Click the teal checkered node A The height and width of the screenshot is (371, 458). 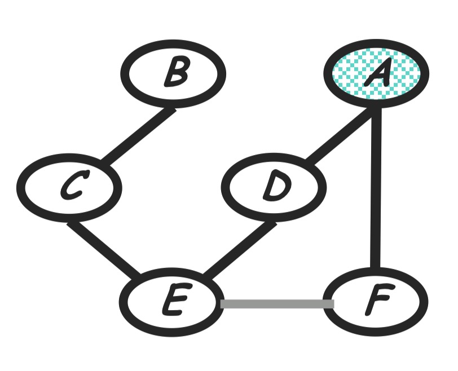tap(376, 73)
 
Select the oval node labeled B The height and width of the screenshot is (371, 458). tap(173, 73)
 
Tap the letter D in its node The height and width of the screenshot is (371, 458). tap(275, 187)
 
